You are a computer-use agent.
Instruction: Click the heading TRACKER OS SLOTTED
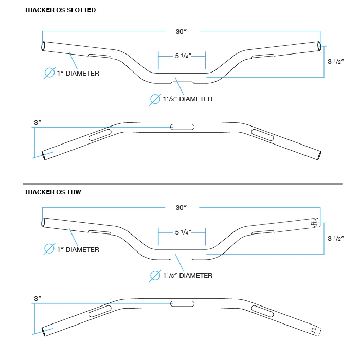pyautogui.click(x=60, y=10)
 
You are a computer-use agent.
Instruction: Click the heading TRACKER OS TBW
pyautogui.click(x=52, y=192)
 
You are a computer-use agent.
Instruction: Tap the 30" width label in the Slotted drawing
pyautogui.click(x=181, y=31)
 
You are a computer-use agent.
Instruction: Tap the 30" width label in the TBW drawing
pyautogui.click(x=181, y=208)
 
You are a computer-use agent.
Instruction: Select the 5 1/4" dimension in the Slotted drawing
pyautogui.click(x=183, y=56)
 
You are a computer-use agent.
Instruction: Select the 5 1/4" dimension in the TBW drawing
pyautogui.click(x=183, y=232)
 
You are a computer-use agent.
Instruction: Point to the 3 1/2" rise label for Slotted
pyautogui.click(x=336, y=61)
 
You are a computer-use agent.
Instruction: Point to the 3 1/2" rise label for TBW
pyautogui.click(x=336, y=238)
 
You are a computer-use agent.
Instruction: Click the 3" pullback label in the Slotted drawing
pyautogui.click(x=38, y=122)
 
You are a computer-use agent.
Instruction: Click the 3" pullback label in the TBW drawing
pyautogui.click(x=38, y=298)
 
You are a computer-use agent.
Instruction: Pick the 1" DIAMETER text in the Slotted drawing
pyautogui.click(x=78, y=74)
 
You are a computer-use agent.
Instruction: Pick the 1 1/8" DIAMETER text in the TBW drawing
pyautogui.click(x=188, y=275)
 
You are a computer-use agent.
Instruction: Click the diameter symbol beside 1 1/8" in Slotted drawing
pyautogui.click(x=155, y=99)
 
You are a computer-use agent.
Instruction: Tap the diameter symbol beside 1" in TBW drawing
pyautogui.click(x=49, y=248)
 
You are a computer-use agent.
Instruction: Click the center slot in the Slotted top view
pyautogui.click(x=182, y=127)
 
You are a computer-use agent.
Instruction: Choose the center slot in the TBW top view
pyautogui.click(x=182, y=304)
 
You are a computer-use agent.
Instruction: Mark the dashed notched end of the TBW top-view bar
pyautogui.click(x=317, y=331)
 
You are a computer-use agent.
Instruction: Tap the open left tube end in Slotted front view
pyautogui.click(x=43, y=46)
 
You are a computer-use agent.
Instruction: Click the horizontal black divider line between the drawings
pyautogui.click(x=183, y=184)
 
